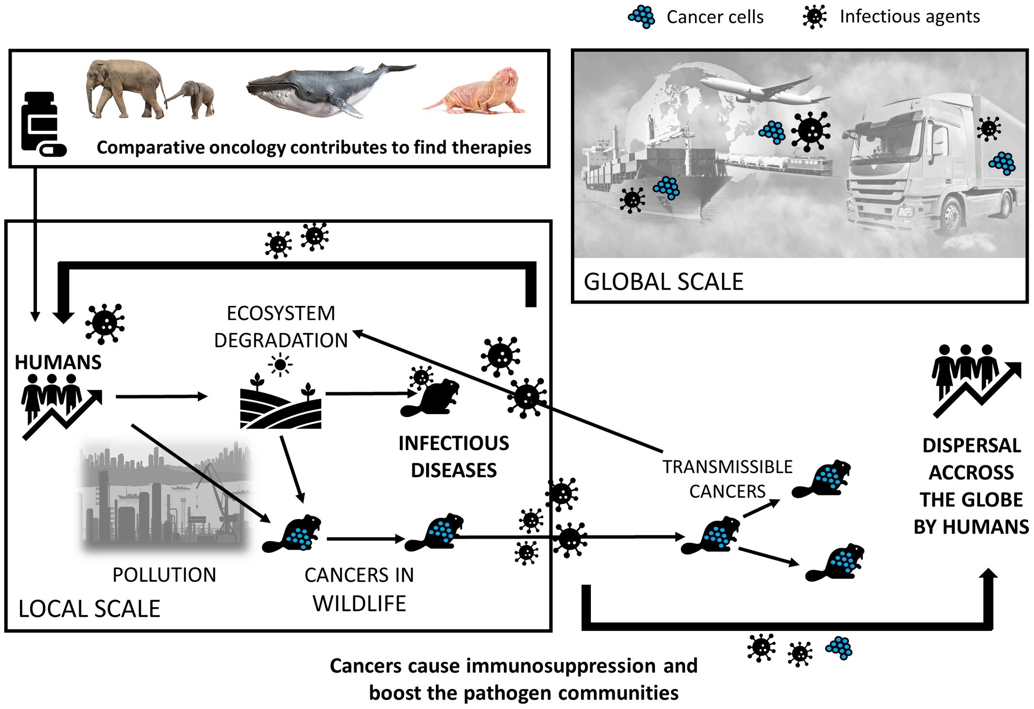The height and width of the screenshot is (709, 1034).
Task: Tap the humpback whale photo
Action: pos(326,90)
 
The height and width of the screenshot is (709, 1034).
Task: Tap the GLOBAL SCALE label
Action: pos(663,282)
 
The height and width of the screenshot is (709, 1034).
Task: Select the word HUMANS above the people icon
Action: pos(58,362)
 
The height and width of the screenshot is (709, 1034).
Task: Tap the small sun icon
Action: pos(280,365)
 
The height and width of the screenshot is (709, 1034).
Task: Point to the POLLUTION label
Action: pos(164,575)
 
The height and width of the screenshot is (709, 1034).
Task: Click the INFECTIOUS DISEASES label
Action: pos(454,456)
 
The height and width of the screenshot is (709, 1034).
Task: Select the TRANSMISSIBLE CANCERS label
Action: pos(727,479)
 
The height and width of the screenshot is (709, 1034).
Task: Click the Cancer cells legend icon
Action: pos(641,17)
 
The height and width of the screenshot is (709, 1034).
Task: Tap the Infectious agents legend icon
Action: pos(814,17)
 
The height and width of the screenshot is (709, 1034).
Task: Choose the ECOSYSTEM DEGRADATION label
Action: pos(281,326)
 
